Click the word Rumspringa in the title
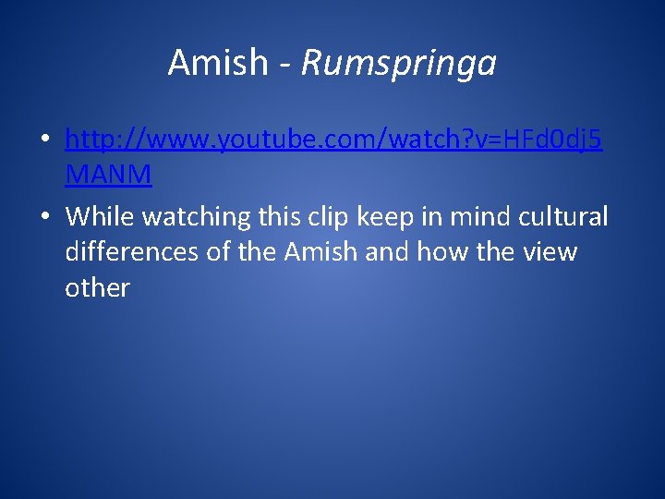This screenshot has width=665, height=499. click(x=399, y=64)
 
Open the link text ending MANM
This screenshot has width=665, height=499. click(x=108, y=173)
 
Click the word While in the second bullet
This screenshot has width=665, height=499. click(x=100, y=216)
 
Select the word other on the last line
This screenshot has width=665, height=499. click(x=97, y=287)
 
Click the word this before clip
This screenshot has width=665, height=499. click(x=281, y=216)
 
